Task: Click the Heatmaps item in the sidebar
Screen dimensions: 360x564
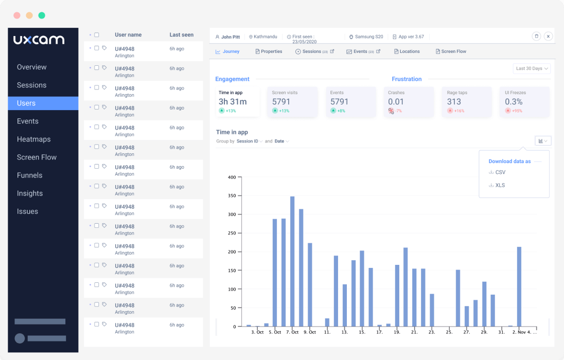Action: click(x=33, y=139)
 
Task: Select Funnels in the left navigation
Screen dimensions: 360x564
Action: click(x=29, y=175)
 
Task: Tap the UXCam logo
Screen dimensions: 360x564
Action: click(x=39, y=40)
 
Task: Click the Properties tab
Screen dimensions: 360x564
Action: click(x=269, y=51)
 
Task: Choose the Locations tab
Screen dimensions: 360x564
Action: click(x=407, y=51)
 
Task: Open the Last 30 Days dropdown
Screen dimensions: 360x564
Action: click(x=532, y=68)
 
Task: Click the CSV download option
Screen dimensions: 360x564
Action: click(x=500, y=172)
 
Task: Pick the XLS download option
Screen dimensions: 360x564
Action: click(x=500, y=185)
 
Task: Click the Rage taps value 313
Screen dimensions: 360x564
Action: click(x=454, y=102)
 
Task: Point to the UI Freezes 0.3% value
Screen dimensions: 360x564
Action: click(x=514, y=102)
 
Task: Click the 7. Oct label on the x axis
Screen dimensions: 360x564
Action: click(x=292, y=332)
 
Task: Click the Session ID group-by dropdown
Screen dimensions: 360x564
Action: click(x=249, y=141)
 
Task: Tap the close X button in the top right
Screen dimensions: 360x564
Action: click(x=548, y=37)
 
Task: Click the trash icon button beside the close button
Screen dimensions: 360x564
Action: click(x=536, y=37)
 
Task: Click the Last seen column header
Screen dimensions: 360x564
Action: click(x=182, y=35)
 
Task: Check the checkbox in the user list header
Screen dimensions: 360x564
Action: click(x=96, y=35)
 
